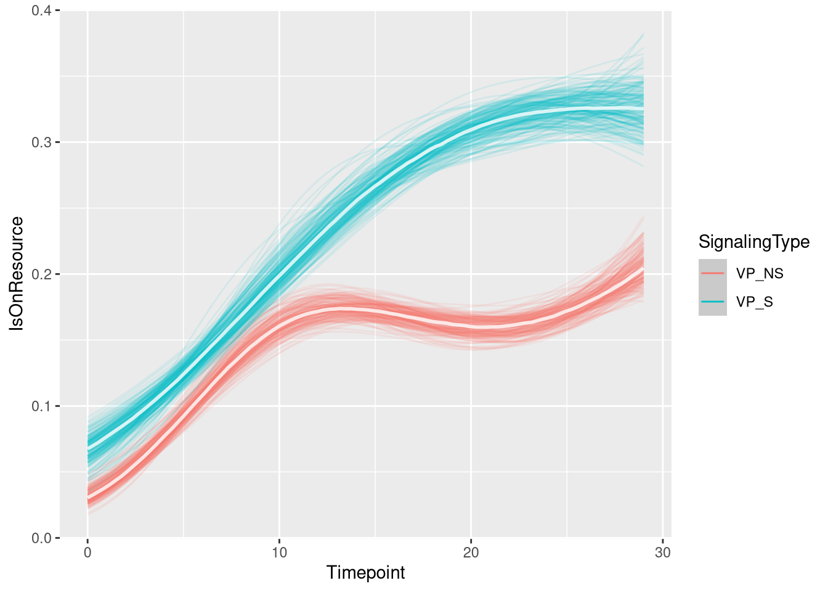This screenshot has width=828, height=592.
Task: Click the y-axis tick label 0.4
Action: (43, 10)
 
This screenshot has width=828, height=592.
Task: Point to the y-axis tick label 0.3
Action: (43, 142)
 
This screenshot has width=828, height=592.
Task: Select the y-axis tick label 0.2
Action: (43, 274)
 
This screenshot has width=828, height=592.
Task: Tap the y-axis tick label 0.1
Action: (43, 406)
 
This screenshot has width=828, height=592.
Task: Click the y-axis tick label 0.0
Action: (43, 538)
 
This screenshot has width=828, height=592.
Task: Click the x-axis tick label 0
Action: (87, 553)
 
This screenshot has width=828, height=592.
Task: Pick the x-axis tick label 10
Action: (279, 553)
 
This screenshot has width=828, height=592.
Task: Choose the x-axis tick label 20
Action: (471, 553)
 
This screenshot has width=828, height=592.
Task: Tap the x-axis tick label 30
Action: (663, 553)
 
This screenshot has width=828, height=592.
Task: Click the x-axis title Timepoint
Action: (365, 573)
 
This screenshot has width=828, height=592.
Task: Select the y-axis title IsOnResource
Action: (17, 274)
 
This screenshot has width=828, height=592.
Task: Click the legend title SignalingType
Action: (753, 242)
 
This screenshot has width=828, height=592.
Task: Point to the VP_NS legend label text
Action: (760, 274)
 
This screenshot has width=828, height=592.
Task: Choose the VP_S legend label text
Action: (755, 302)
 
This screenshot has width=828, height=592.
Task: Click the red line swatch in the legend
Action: (712, 273)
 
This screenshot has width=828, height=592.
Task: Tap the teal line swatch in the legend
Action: (712, 302)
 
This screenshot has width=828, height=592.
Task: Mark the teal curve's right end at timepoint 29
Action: (643, 109)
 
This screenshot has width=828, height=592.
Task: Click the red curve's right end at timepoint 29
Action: (643, 268)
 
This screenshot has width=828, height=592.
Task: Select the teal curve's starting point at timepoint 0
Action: (88, 448)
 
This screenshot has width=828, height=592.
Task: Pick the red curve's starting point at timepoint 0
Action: (88, 497)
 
